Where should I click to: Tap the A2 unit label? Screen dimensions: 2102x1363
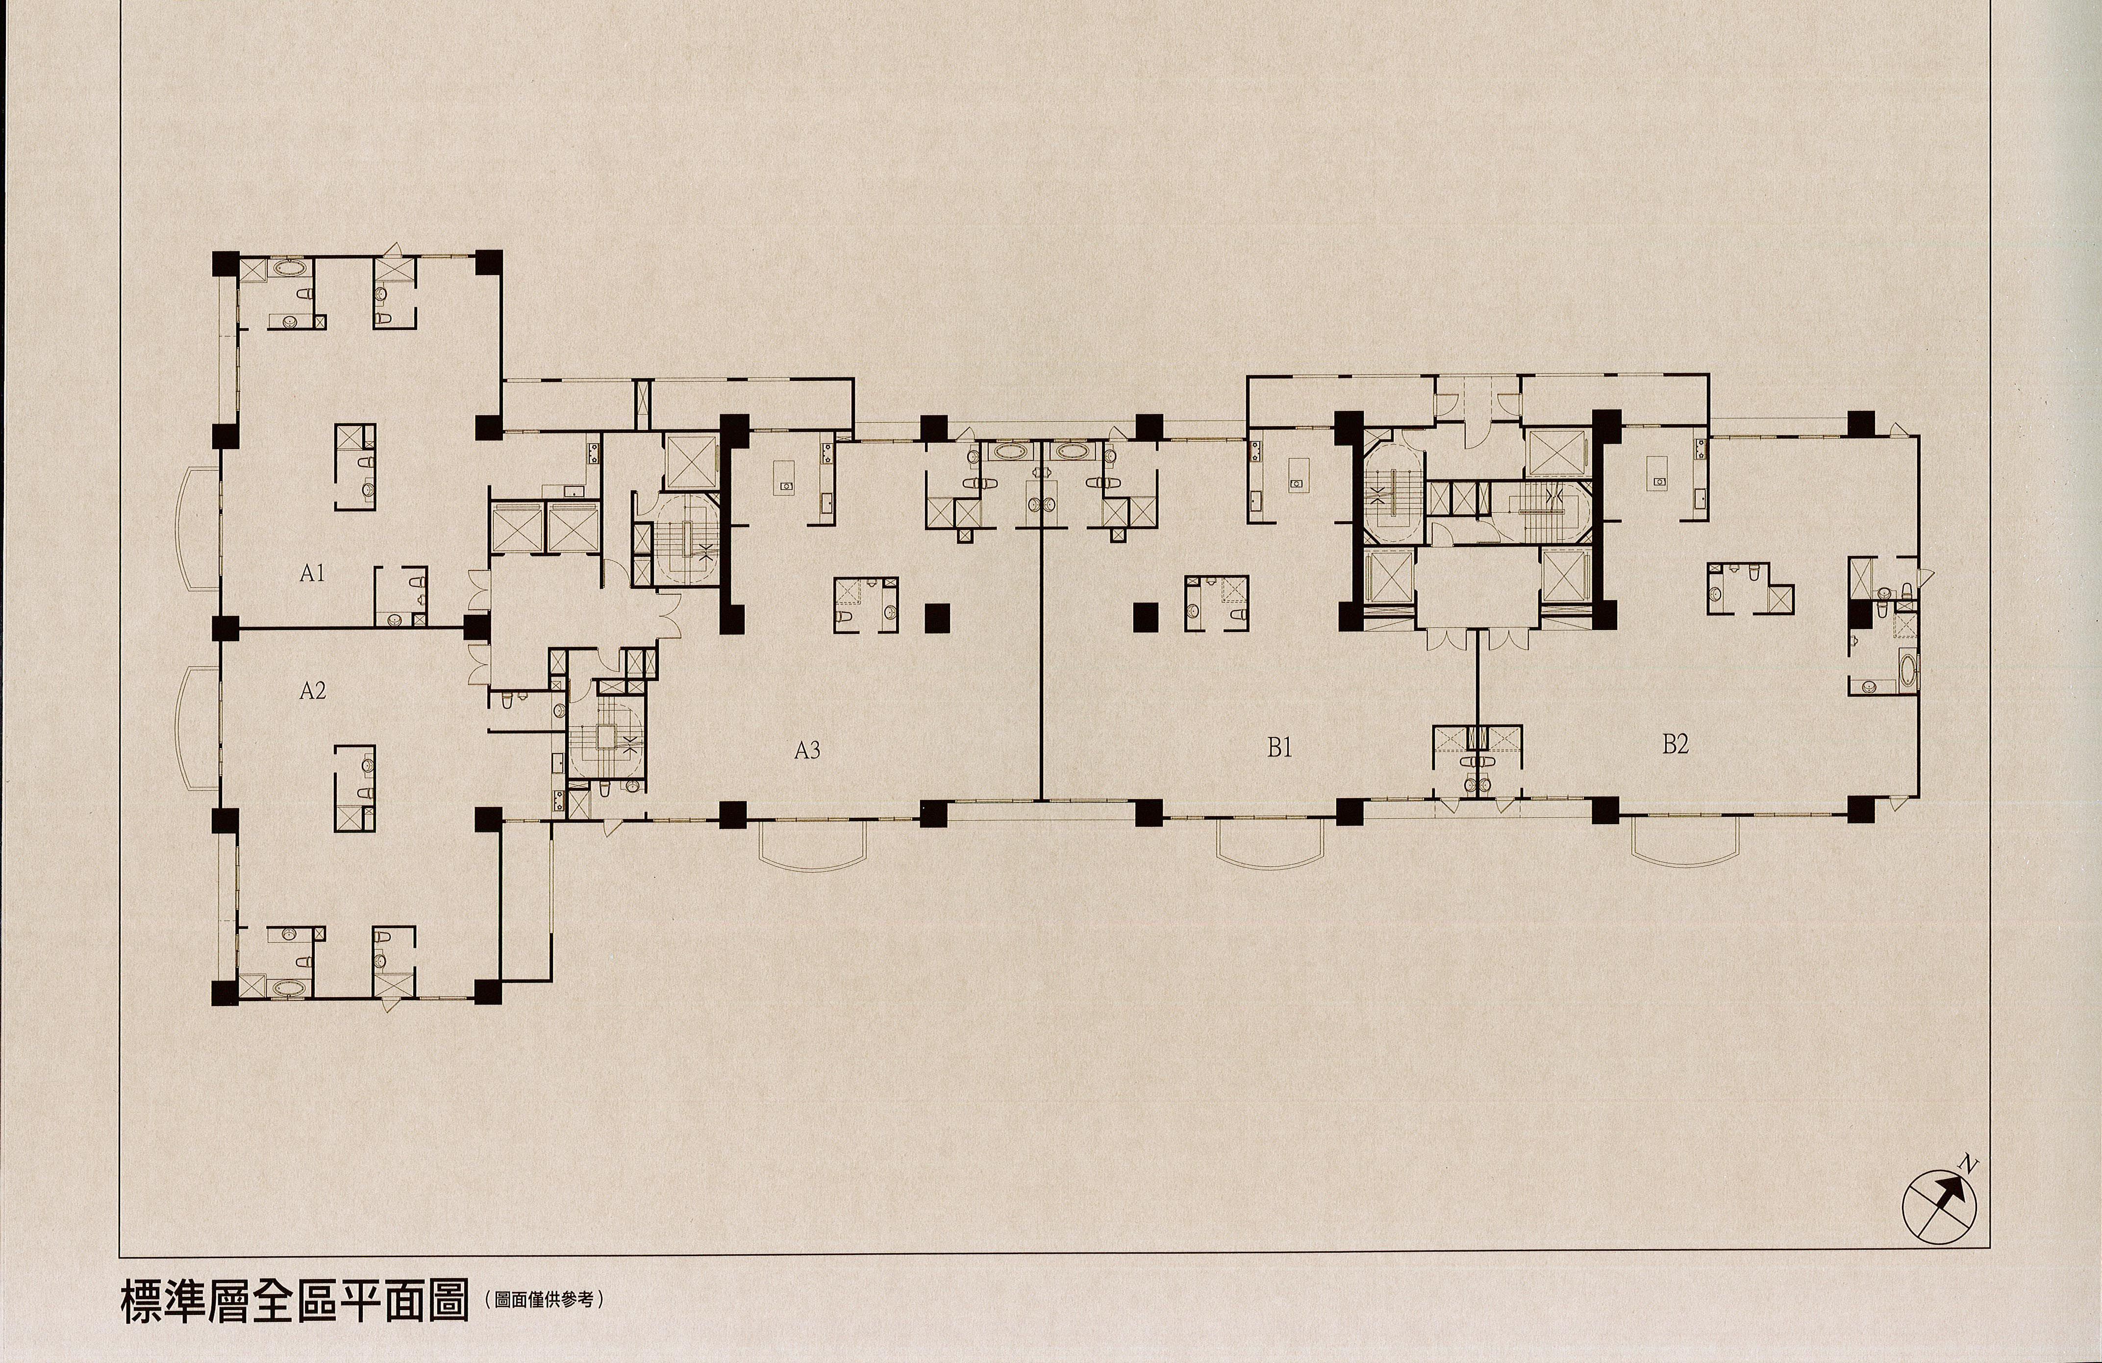[313, 690]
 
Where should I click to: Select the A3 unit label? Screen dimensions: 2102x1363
[807, 750]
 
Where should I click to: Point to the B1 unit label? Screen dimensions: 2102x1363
[1280, 747]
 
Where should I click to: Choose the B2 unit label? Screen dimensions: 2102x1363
[1676, 744]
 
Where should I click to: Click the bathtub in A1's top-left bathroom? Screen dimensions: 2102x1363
[287, 266]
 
